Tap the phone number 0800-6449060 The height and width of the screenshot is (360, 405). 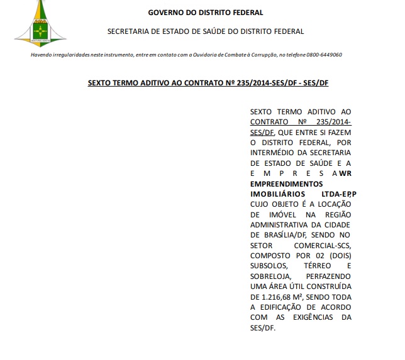pyautogui.click(x=325, y=55)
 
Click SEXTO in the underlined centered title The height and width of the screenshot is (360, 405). pyautogui.click(x=99, y=82)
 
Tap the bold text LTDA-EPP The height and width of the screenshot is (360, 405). pyautogui.click(x=337, y=194)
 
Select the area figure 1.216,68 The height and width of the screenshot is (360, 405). pyautogui.click(x=280, y=296)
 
